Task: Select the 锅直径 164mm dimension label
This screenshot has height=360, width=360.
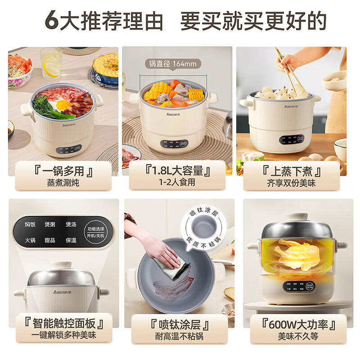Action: (x=173, y=63)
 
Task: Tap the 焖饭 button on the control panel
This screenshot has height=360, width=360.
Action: (x=31, y=224)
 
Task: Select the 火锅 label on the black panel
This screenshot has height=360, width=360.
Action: (x=31, y=240)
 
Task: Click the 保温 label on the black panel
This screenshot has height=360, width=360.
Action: (x=71, y=240)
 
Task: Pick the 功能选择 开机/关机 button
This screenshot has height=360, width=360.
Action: (x=95, y=232)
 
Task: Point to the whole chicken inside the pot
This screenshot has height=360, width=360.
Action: (x=295, y=255)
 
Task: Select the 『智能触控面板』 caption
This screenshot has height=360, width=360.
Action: (x=63, y=324)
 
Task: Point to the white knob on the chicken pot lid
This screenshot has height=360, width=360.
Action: (x=297, y=216)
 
